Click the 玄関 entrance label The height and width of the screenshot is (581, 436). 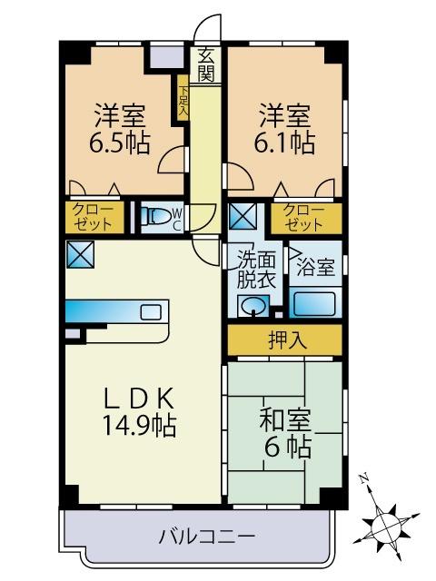click(206, 64)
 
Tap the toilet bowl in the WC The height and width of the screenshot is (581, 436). click(159, 217)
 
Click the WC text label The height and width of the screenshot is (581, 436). click(178, 217)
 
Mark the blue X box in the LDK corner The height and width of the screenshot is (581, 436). click(77, 255)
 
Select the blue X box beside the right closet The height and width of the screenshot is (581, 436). click(243, 217)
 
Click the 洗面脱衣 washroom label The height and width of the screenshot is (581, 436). click(255, 270)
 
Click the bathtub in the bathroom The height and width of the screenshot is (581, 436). click(315, 304)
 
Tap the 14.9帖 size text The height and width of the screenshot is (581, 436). click(141, 424)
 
